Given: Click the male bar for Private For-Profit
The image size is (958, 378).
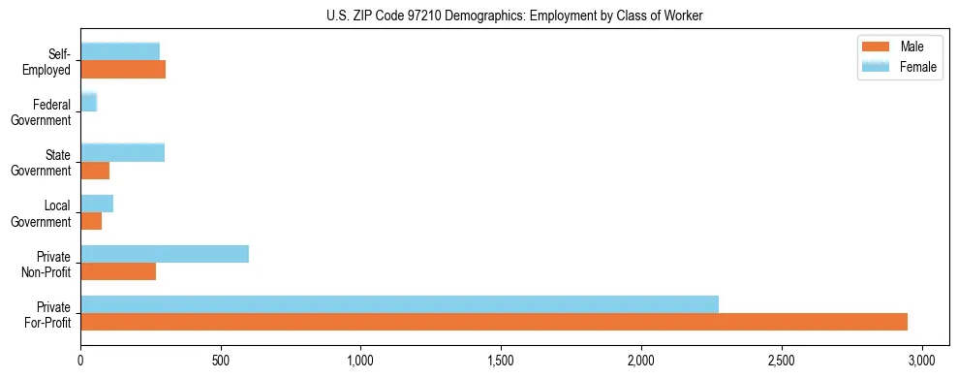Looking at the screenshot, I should tap(494, 322).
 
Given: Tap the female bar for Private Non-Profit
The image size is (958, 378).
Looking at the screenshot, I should tap(165, 254).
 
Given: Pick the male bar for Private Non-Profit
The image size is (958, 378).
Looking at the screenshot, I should tap(118, 271).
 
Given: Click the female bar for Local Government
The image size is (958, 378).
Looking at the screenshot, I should tap(97, 204).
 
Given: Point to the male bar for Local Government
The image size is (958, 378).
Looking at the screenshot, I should tap(91, 221).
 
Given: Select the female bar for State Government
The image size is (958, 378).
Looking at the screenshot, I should tap(122, 153).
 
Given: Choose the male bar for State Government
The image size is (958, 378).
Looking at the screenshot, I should tap(95, 171).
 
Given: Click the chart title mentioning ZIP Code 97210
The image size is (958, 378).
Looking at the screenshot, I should tap(516, 16).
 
